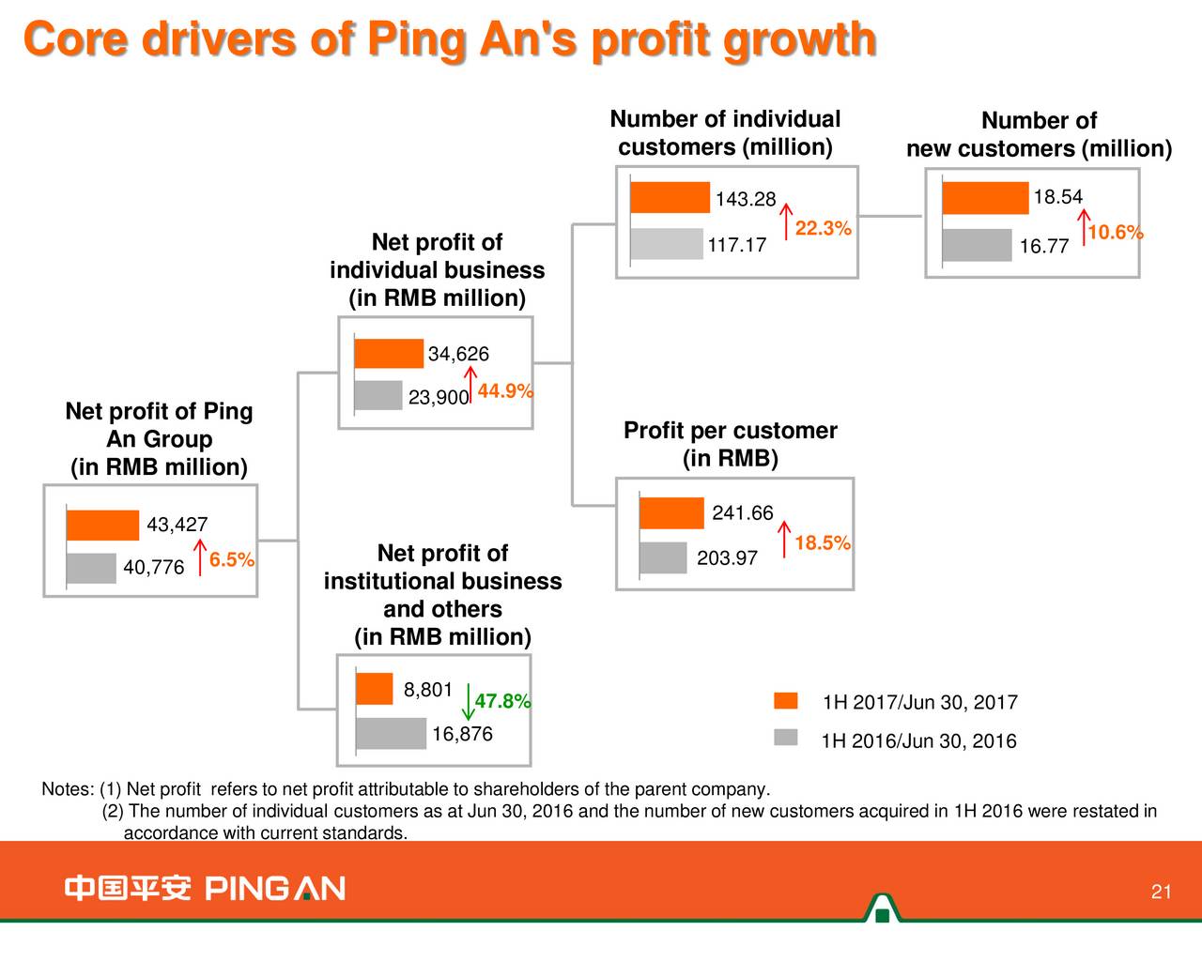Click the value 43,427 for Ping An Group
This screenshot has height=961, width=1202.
[x=177, y=525]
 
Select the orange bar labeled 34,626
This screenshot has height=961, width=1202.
[x=389, y=354]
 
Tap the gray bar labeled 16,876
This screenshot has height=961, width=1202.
[x=392, y=733]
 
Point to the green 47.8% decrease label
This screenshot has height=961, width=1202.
[x=502, y=702]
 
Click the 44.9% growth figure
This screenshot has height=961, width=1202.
[x=505, y=391]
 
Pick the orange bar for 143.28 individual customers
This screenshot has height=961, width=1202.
[x=670, y=198]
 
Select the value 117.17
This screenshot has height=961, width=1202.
[x=736, y=246]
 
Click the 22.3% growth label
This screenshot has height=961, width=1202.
[x=823, y=229]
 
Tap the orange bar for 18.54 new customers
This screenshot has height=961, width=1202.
[x=985, y=198]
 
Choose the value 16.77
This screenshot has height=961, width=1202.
[x=1043, y=247]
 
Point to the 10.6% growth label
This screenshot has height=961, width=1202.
[x=1115, y=233]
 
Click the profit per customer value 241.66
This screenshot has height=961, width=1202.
[x=742, y=513]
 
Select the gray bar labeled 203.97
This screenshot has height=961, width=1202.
[x=663, y=557]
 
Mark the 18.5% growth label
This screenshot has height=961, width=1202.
[x=822, y=543]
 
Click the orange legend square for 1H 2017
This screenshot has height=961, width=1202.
[x=786, y=701]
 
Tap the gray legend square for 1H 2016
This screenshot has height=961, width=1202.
[x=786, y=738]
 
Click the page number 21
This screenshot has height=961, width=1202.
[x=1161, y=892]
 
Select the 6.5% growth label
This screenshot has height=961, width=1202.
[x=231, y=560]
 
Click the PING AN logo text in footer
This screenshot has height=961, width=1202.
[x=274, y=889]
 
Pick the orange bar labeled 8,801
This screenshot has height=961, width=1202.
[x=375, y=689]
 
